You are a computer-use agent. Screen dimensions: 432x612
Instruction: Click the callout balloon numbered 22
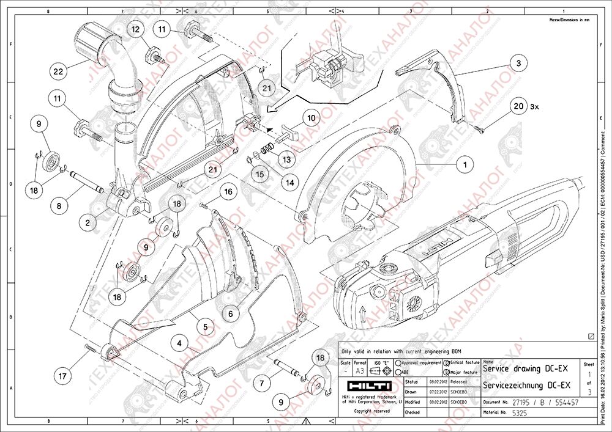pos(58,71)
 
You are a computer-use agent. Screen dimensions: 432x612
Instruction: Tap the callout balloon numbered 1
pos(465,164)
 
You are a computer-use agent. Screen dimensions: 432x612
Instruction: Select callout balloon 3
pos(518,63)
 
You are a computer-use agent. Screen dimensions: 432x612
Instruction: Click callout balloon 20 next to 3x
pos(518,106)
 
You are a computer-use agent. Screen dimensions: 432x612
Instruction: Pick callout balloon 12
pos(135,29)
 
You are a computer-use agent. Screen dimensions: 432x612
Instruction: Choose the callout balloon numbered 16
pos(228,192)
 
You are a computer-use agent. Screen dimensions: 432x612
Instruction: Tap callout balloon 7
pos(261,384)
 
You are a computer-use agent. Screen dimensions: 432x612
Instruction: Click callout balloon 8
pos(59,207)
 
